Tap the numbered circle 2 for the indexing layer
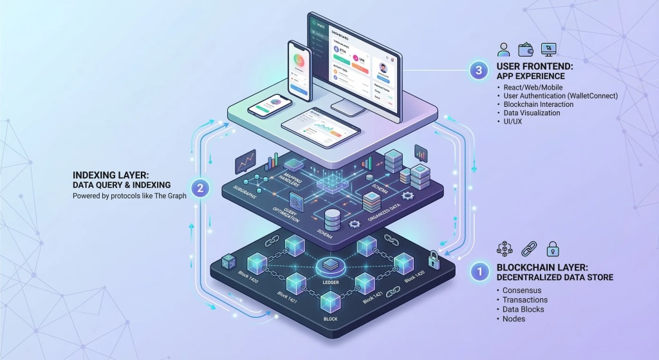(x=201, y=189)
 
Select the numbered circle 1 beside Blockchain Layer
(x=479, y=272)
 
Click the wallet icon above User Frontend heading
(x=527, y=49)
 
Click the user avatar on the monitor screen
(x=385, y=68)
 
